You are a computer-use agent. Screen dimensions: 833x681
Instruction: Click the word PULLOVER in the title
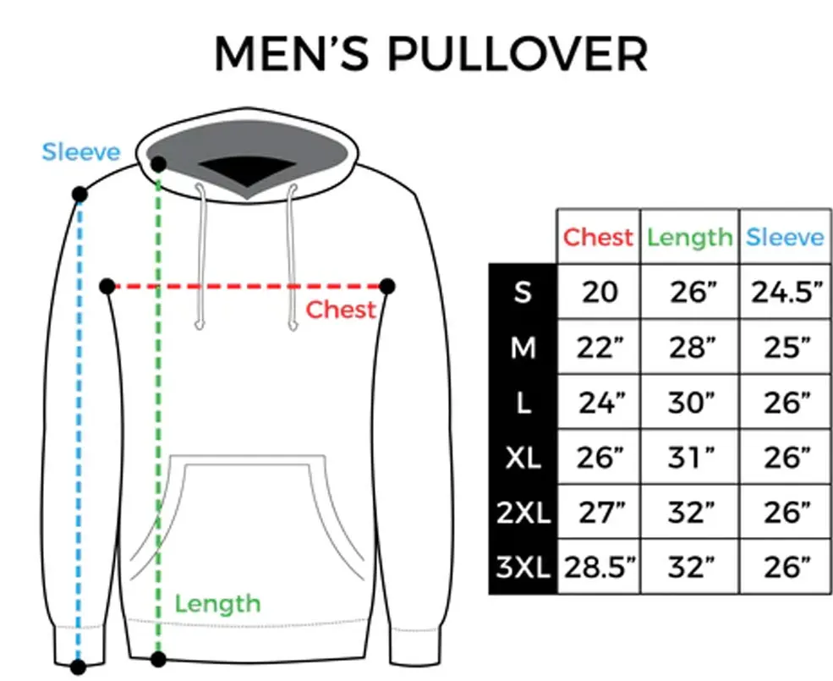518,53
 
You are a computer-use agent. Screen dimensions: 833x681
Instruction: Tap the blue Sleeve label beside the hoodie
81,152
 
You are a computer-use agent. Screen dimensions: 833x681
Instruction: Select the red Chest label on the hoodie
341,310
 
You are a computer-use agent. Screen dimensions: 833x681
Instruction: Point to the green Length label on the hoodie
218,605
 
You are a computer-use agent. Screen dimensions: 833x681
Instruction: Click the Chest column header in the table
598,237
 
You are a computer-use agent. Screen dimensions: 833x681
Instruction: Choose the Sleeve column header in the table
785,237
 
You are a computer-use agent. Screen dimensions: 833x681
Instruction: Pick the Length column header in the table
689,238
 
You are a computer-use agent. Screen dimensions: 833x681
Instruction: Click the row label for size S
523,292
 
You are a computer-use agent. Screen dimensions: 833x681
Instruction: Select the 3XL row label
523,567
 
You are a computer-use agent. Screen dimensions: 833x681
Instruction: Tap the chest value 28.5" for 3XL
600,568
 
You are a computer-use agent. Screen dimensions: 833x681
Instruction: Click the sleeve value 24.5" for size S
786,292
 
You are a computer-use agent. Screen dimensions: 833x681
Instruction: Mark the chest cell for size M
600,348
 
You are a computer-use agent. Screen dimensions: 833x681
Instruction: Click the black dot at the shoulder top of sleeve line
79,195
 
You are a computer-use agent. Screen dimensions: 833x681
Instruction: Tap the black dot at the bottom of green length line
158,659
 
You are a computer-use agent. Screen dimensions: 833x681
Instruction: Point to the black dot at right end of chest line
387,287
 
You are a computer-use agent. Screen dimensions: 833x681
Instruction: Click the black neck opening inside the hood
248,171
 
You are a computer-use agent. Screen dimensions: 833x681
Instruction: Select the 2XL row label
523,513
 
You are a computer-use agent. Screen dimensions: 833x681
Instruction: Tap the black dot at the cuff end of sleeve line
78,667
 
